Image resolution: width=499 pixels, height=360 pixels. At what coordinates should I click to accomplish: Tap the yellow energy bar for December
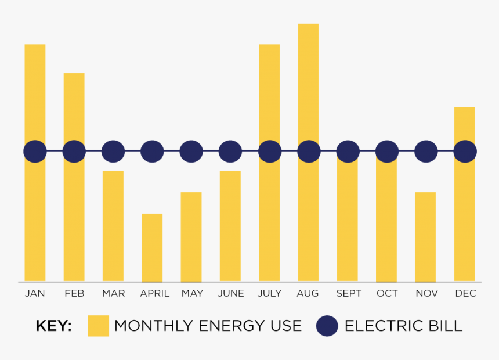[464, 221]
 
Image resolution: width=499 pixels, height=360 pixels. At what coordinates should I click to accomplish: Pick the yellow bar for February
[74, 221]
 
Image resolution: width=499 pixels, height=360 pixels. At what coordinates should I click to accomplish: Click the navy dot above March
[113, 152]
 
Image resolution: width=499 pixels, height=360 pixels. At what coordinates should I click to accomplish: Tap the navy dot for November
[426, 152]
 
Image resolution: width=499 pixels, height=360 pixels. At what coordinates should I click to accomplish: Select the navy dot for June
[230, 152]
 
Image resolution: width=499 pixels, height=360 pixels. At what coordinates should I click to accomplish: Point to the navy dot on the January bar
[35, 152]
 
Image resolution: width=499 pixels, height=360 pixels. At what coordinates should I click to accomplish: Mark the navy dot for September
[348, 152]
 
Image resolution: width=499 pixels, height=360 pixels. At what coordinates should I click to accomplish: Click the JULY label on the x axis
[269, 293]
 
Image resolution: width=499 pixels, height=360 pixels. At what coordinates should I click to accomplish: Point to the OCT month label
[387, 293]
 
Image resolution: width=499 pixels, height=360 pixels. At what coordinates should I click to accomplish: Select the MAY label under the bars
[191, 293]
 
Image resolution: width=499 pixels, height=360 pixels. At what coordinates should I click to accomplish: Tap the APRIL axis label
[154, 293]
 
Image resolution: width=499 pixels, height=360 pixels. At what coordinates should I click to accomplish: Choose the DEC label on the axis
[465, 293]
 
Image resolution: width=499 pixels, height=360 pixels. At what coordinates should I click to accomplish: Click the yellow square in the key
[98, 326]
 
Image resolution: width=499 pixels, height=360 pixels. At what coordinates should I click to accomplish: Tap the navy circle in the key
[327, 326]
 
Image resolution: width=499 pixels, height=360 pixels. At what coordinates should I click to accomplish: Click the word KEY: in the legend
[53, 326]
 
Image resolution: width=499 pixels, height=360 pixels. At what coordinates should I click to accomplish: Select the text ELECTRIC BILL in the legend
[403, 326]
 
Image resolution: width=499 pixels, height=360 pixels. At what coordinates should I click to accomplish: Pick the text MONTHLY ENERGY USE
[208, 326]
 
